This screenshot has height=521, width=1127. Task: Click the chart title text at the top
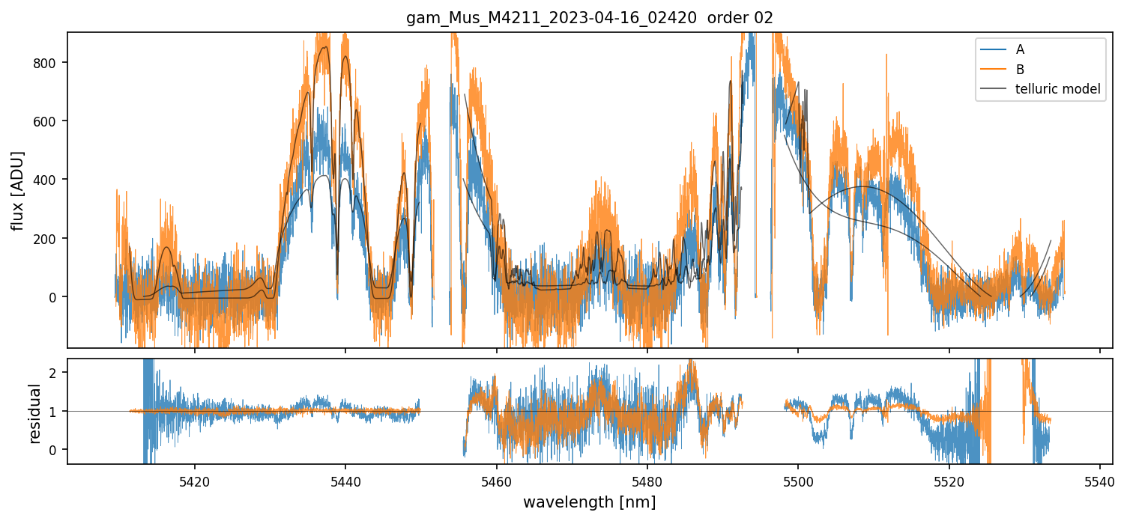point(589,18)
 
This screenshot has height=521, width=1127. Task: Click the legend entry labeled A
point(1020,50)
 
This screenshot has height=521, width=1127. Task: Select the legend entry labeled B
point(1020,70)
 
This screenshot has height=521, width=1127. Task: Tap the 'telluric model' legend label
point(1057,89)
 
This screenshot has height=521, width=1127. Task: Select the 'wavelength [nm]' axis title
point(589,502)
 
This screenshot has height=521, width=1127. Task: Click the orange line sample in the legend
point(991,70)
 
